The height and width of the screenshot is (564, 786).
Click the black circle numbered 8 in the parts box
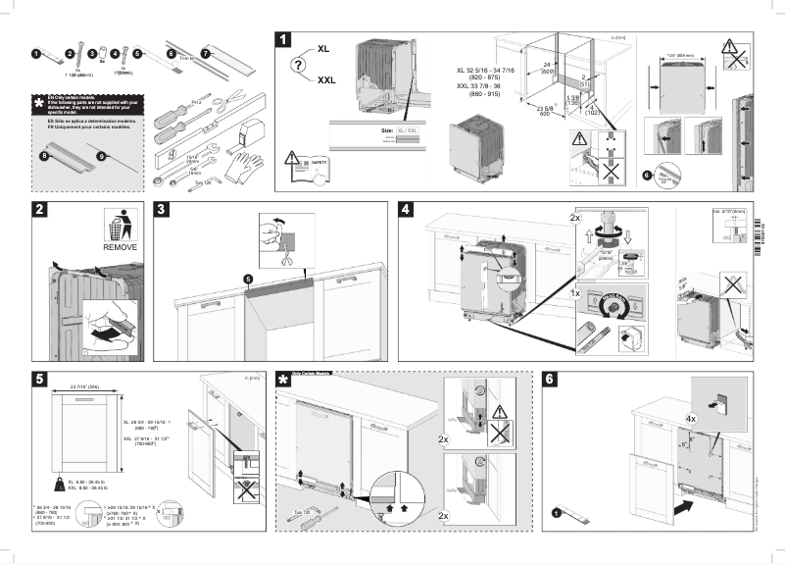coord(43,155)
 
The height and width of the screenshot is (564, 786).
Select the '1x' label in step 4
coord(577,292)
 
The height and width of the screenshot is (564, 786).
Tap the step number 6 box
coord(550,380)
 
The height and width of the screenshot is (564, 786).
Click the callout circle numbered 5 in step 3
coord(249,279)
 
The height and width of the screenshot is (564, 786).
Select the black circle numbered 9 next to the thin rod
coord(102,155)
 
